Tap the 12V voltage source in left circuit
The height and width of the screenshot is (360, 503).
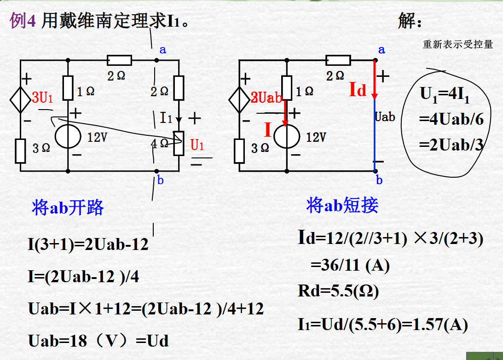click(x=68, y=136)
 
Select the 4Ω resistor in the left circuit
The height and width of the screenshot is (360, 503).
click(x=178, y=144)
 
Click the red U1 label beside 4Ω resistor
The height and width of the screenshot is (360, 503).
click(x=197, y=145)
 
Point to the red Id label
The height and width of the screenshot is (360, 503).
click(x=358, y=90)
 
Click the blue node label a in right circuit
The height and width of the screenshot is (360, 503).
click(x=381, y=50)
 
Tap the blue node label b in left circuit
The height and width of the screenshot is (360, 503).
click(x=160, y=180)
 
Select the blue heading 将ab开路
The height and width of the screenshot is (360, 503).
click(x=68, y=208)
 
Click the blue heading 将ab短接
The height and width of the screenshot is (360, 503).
click(x=342, y=205)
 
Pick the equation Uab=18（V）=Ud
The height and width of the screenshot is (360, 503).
click(x=98, y=341)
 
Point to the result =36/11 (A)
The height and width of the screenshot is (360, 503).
click(x=350, y=266)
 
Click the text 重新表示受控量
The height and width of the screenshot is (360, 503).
click(x=458, y=45)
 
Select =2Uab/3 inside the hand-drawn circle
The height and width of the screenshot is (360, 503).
click(x=451, y=145)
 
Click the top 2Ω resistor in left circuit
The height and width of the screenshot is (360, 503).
click(x=119, y=60)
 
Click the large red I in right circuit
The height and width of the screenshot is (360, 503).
click(x=268, y=130)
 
